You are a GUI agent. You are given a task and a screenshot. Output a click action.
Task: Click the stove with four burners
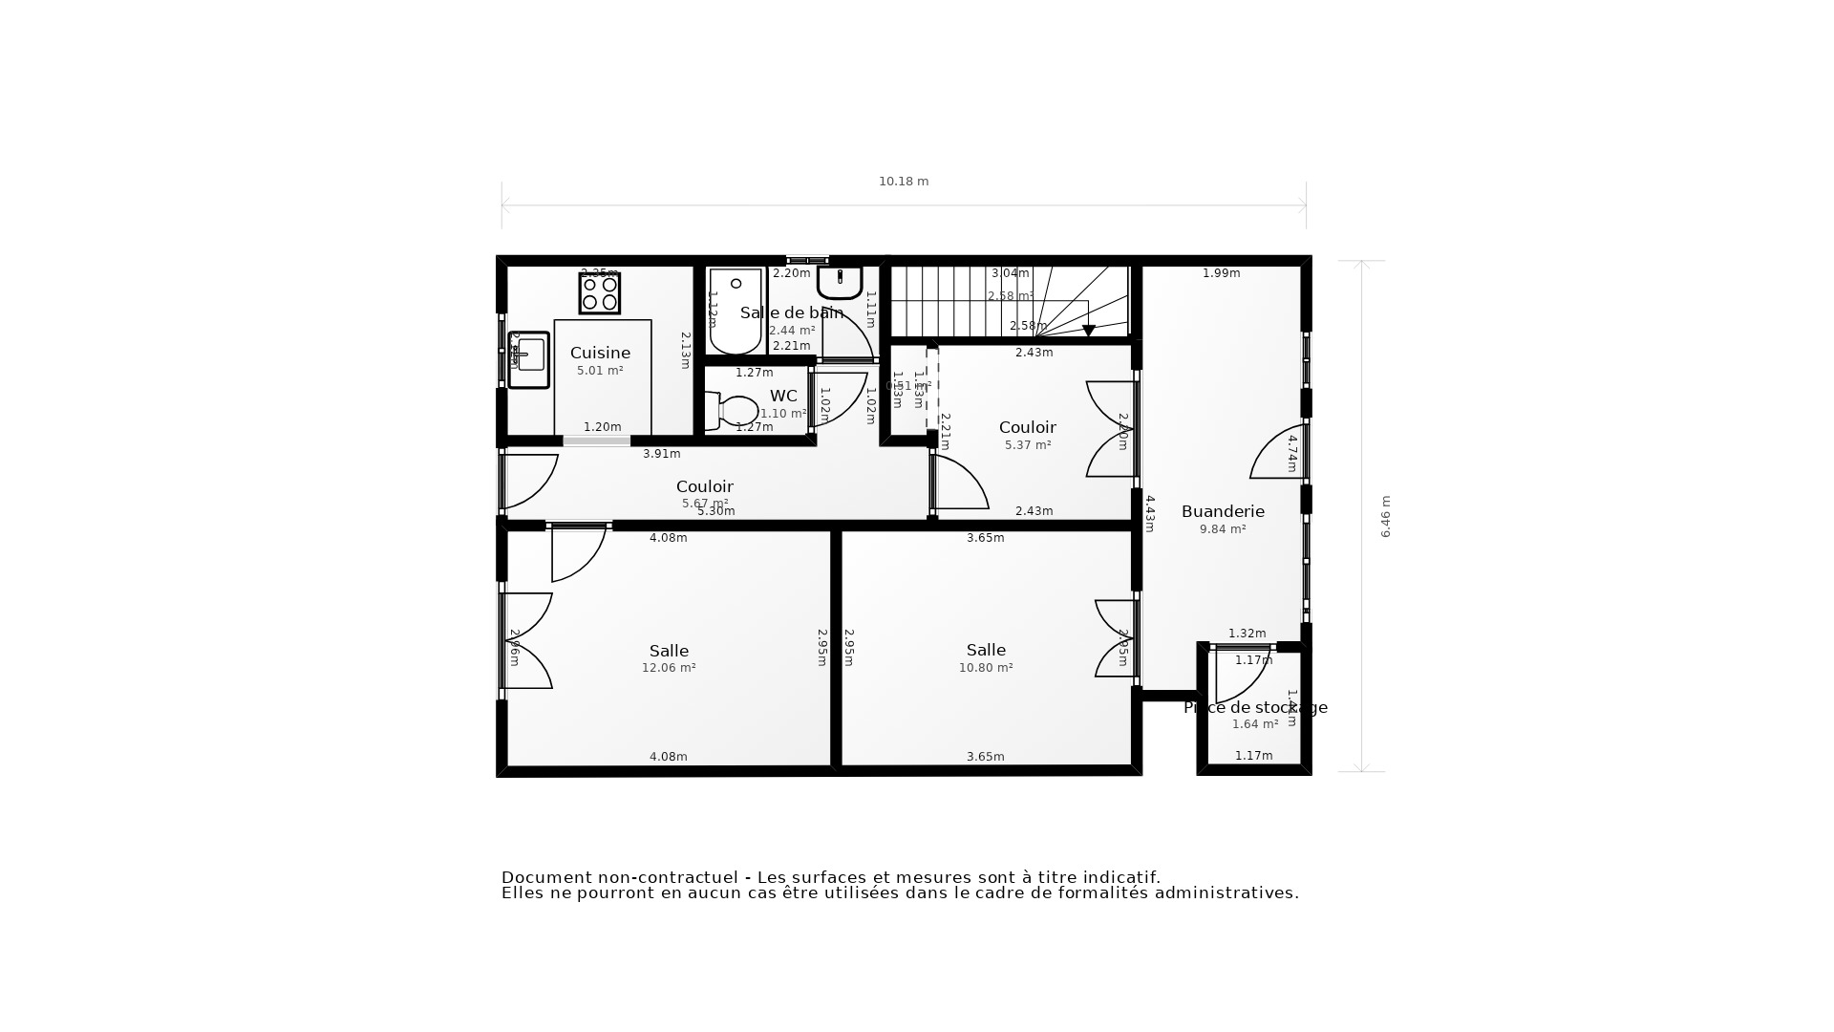[x=599, y=293]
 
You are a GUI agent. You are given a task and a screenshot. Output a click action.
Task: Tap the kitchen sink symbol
[x=528, y=359]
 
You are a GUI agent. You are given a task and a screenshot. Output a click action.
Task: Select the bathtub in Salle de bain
[x=736, y=312]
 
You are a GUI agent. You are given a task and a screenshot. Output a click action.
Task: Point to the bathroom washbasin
[x=840, y=281]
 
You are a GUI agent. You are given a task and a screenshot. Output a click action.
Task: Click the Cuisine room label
[x=600, y=353]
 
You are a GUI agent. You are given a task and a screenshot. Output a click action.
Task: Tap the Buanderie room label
[x=1223, y=511]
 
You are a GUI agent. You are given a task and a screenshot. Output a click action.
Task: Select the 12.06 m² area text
[x=669, y=668]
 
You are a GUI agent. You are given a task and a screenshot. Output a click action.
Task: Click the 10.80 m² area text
[x=986, y=668]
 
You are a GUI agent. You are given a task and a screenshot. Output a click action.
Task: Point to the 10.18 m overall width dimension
[x=904, y=182]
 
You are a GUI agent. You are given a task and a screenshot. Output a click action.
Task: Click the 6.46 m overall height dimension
[x=1385, y=516]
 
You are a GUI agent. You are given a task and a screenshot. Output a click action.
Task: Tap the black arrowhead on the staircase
[x=1088, y=331]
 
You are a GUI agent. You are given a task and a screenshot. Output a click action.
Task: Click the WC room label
[x=783, y=396]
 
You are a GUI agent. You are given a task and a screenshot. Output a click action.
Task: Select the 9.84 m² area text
[x=1223, y=529]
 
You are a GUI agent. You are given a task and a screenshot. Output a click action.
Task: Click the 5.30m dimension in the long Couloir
[x=715, y=511]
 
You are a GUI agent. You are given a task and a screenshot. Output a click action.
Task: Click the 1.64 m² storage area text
[x=1254, y=724]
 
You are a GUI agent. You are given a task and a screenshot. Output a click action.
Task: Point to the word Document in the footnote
[x=544, y=877]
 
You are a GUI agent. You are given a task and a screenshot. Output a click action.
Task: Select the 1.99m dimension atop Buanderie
[x=1221, y=273]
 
